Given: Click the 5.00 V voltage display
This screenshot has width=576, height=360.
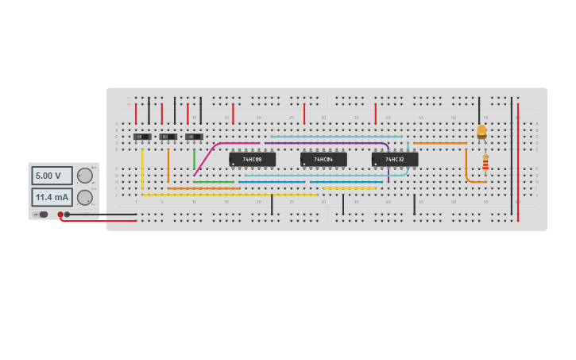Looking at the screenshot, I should click(52, 176).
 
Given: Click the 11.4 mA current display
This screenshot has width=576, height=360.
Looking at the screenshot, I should click(52, 196).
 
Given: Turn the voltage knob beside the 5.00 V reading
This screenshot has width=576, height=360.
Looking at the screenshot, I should click(84, 176).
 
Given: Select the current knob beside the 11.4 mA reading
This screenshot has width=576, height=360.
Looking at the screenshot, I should click(84, 197).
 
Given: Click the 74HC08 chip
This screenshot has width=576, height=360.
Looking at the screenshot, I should click(253, 160).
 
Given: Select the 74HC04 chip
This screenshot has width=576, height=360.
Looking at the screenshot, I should click(323, 160).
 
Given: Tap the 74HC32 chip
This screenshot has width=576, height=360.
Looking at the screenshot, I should click(395, 160).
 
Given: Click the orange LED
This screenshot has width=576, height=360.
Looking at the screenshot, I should click(481, 131).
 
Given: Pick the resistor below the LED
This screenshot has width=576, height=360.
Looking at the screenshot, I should click(485, 163).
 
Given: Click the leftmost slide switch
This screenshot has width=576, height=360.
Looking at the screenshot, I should click(142, 137).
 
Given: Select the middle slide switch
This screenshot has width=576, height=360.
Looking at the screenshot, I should click(168, 137).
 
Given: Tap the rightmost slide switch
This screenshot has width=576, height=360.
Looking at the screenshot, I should click(195, 137).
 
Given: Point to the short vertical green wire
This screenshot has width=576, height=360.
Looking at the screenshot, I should click(194, 159).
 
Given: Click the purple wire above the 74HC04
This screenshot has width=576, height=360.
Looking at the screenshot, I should click(326, 143).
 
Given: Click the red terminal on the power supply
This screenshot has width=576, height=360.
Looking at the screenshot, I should click(60, 215).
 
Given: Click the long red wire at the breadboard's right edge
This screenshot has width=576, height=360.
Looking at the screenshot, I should click(518, 159).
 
